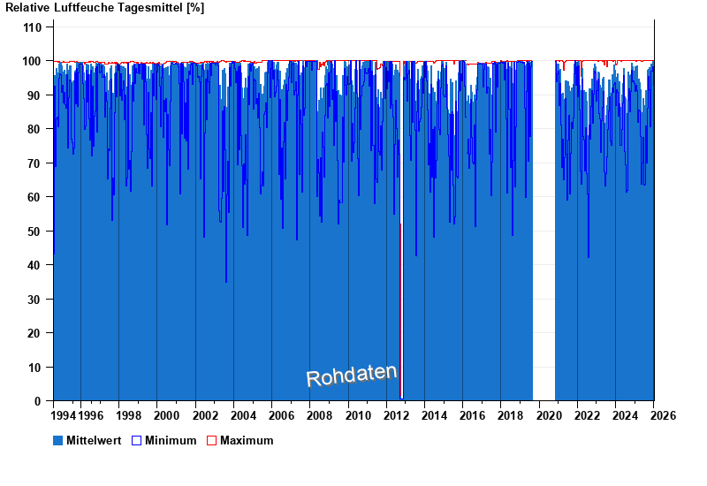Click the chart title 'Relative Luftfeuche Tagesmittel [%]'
tap(105, 8)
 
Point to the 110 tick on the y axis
tap(32, 27)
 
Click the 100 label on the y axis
tap(32, 61)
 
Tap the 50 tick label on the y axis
tap(34, 232)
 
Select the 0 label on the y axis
tap(38, 401)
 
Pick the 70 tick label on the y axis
tap(34, 163)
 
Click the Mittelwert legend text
tap(95, 441)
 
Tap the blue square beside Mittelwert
tap(58, 440)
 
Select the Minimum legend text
tap(171, 441)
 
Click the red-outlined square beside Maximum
tap(211, 440)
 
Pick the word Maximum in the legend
tap(247, 441)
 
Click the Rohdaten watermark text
tap(351, 376)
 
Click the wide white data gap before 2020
tap(544, 230)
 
